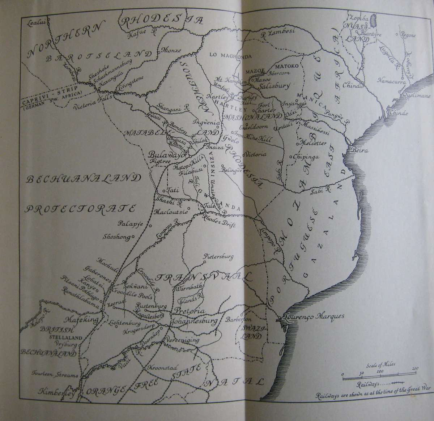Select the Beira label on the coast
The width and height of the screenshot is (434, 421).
(359, 150)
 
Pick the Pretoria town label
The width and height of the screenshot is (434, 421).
(190, 311)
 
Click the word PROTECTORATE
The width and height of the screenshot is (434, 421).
(80, 209)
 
